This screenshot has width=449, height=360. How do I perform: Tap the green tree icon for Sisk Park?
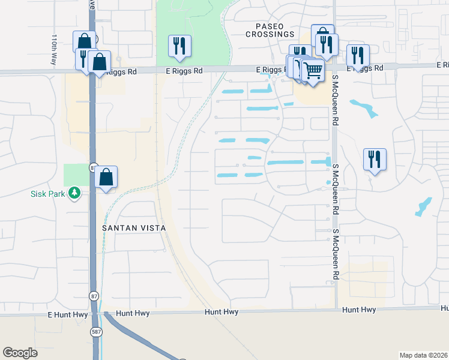coord(74,193)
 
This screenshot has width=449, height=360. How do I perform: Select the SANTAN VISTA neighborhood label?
coord(133,229)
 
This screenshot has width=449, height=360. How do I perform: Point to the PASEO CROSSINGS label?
coord(270,31)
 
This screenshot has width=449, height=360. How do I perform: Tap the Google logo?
coord(20,353)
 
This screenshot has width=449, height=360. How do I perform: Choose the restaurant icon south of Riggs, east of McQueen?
coord(375,159)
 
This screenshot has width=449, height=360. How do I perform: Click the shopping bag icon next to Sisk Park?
coord(106,176)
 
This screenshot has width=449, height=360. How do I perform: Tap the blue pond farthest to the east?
coord(423,206)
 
